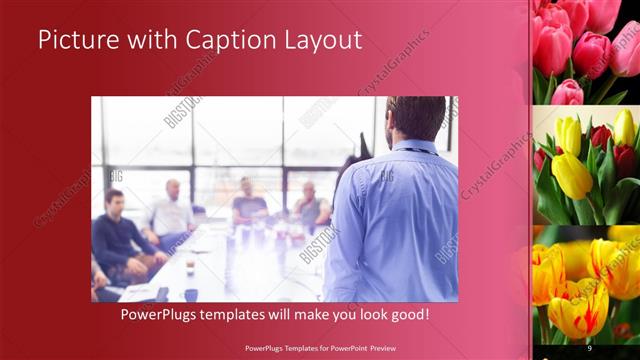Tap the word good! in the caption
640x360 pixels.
[407, 315]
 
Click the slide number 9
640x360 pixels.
[590, 347]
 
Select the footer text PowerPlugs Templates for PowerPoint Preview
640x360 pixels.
[320, 347]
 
